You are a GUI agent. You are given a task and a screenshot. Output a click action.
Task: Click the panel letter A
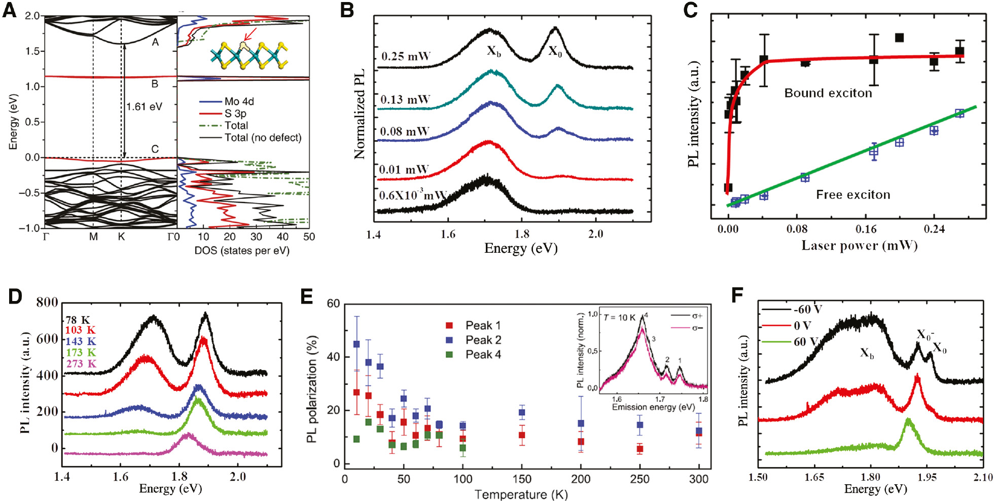pos(9,10)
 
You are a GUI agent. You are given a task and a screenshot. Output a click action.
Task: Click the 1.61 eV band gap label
pos(145,107)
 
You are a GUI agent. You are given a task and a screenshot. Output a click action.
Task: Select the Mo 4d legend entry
pos(239,102)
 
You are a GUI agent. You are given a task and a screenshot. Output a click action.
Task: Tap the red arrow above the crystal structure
pos(250,34)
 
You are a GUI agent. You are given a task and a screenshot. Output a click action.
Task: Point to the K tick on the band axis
pos(121,237)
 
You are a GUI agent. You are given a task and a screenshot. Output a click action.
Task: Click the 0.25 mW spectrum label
pos(406,56)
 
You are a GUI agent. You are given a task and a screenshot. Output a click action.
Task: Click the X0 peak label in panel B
pos(555,51)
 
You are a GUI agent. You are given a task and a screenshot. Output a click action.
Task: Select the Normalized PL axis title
pos(360,114)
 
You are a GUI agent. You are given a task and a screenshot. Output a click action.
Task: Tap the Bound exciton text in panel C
pos(828,93)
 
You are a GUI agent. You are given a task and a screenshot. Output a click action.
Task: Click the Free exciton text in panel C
pos(853,194)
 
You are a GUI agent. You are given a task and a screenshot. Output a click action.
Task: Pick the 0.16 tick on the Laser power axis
pos(866,229)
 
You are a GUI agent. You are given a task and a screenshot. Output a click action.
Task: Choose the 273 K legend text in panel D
pos(81,363)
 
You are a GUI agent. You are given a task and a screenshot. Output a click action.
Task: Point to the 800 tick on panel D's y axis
pos(47,303)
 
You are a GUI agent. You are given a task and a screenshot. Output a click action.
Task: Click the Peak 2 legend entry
pos(483,340)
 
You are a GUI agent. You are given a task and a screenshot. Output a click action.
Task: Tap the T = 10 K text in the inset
pos(619,318)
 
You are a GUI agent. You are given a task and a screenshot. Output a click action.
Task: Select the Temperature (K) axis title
pos(521,494)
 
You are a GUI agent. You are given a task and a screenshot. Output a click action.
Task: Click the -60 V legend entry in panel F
pos(808,309)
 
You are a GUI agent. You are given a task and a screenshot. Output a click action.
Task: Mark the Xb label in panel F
pos(867,353)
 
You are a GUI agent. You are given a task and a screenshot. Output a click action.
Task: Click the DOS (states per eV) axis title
pos(242,250)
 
